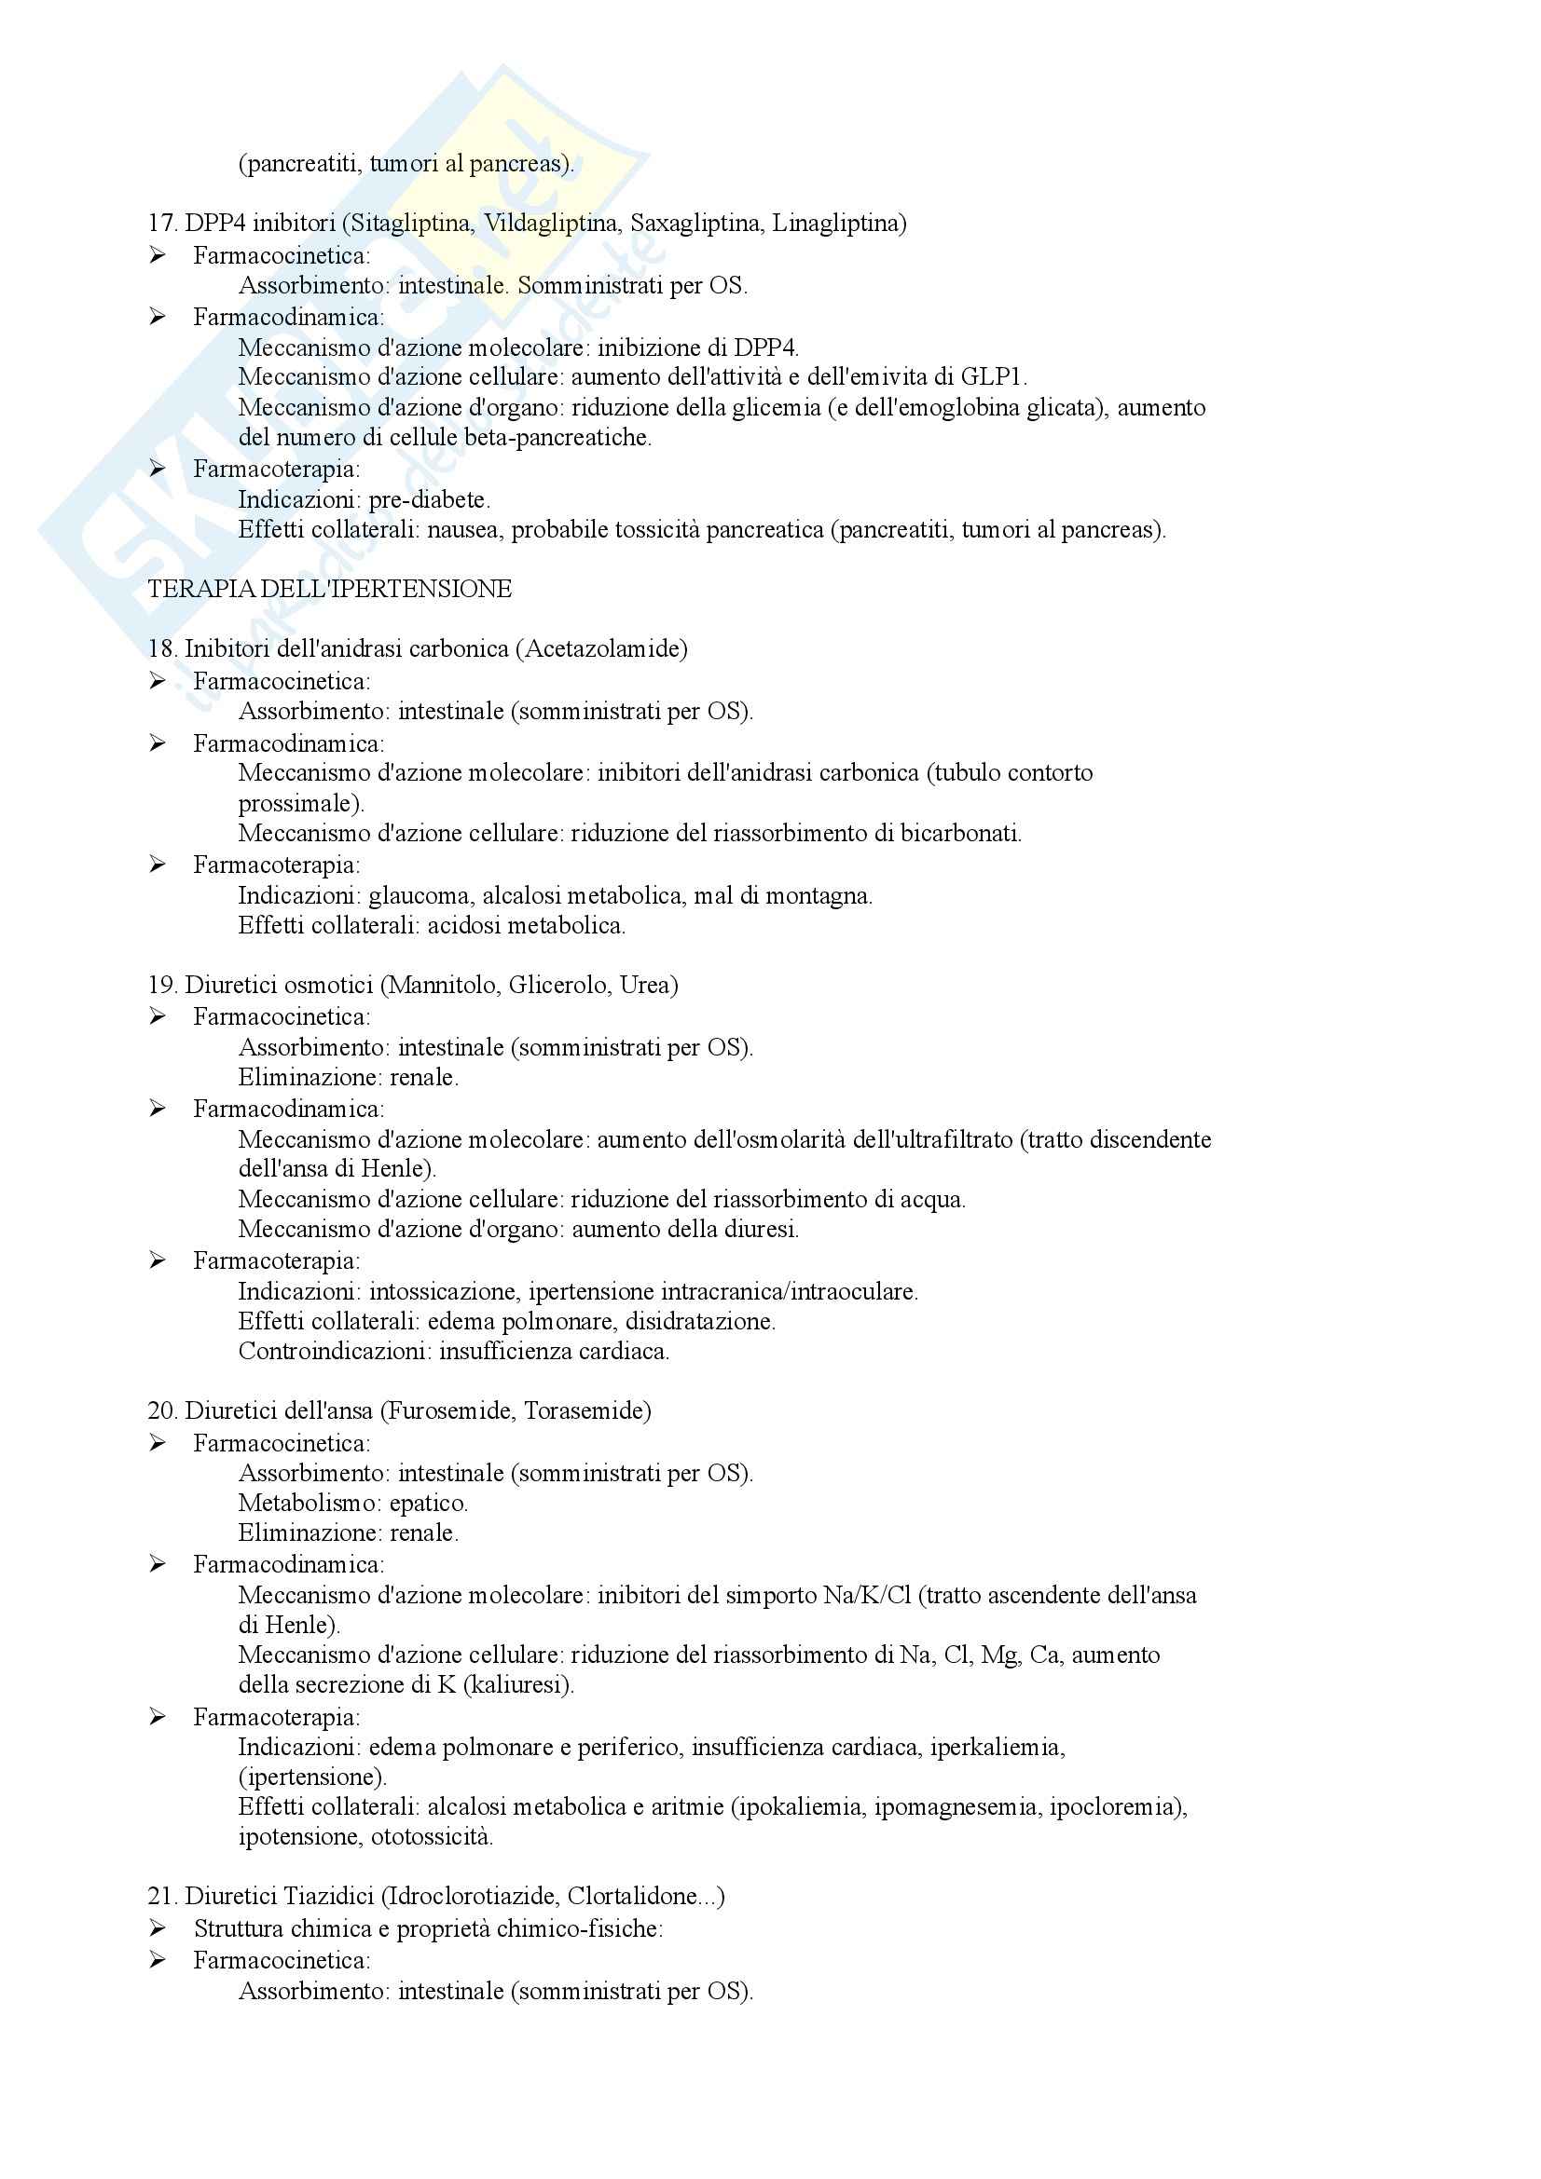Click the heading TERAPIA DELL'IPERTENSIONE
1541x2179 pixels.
tap(329, 590)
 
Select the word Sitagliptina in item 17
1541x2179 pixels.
tap(411, 223)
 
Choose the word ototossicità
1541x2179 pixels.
tap(432, 1836)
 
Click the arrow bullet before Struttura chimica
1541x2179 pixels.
tap(158, 1927)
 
